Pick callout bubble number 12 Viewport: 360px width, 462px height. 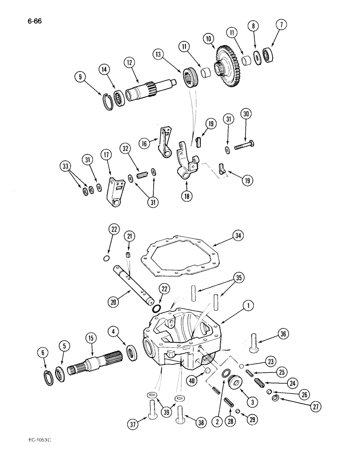coord(128,61)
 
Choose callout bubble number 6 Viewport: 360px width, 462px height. coord(43,353)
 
